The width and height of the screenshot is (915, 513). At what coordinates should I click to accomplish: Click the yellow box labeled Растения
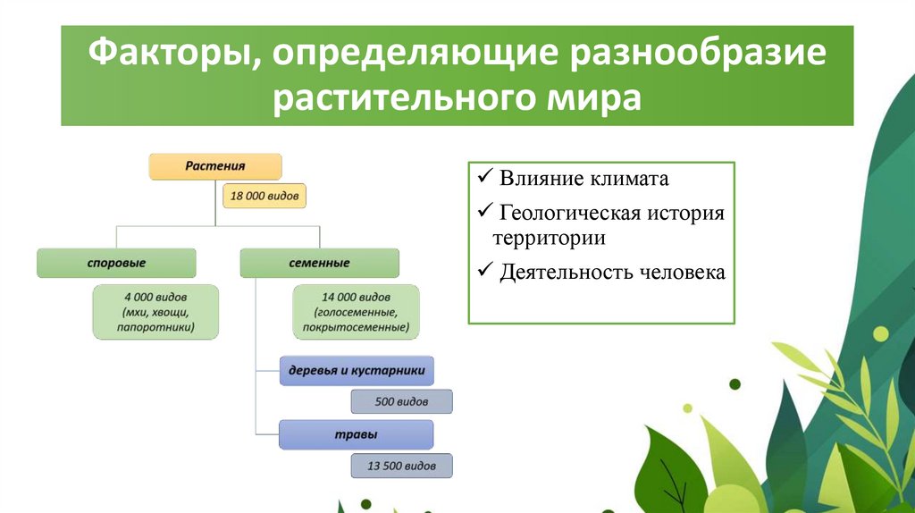point(215,166)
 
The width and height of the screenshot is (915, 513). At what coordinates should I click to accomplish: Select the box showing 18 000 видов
point(264,196)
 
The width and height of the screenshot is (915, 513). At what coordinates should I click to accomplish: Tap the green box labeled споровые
point(117,264)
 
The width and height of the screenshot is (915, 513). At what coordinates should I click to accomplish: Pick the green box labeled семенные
point(320,264)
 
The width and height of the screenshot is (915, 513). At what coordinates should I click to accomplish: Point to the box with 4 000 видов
point(155,312)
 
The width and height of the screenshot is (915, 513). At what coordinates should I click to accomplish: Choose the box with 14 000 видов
point(356,312)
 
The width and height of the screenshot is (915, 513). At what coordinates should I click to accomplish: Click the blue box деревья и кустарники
point(357,371)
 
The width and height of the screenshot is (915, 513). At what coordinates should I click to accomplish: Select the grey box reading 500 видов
point(401,401)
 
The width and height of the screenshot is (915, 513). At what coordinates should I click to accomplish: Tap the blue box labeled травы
point(356,434)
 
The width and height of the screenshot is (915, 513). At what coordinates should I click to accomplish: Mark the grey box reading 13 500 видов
point(401,466)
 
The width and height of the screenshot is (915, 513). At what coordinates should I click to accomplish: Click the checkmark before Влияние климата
point(485,176)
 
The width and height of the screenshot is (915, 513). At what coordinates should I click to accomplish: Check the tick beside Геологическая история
point(485,211)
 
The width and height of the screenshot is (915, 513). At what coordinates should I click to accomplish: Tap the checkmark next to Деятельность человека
point(485,270)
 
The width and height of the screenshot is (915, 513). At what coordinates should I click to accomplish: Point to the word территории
point(550,238)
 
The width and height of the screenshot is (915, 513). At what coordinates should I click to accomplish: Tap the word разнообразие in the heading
point(697,54)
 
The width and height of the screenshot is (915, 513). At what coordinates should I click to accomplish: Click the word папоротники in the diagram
point(155,327)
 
